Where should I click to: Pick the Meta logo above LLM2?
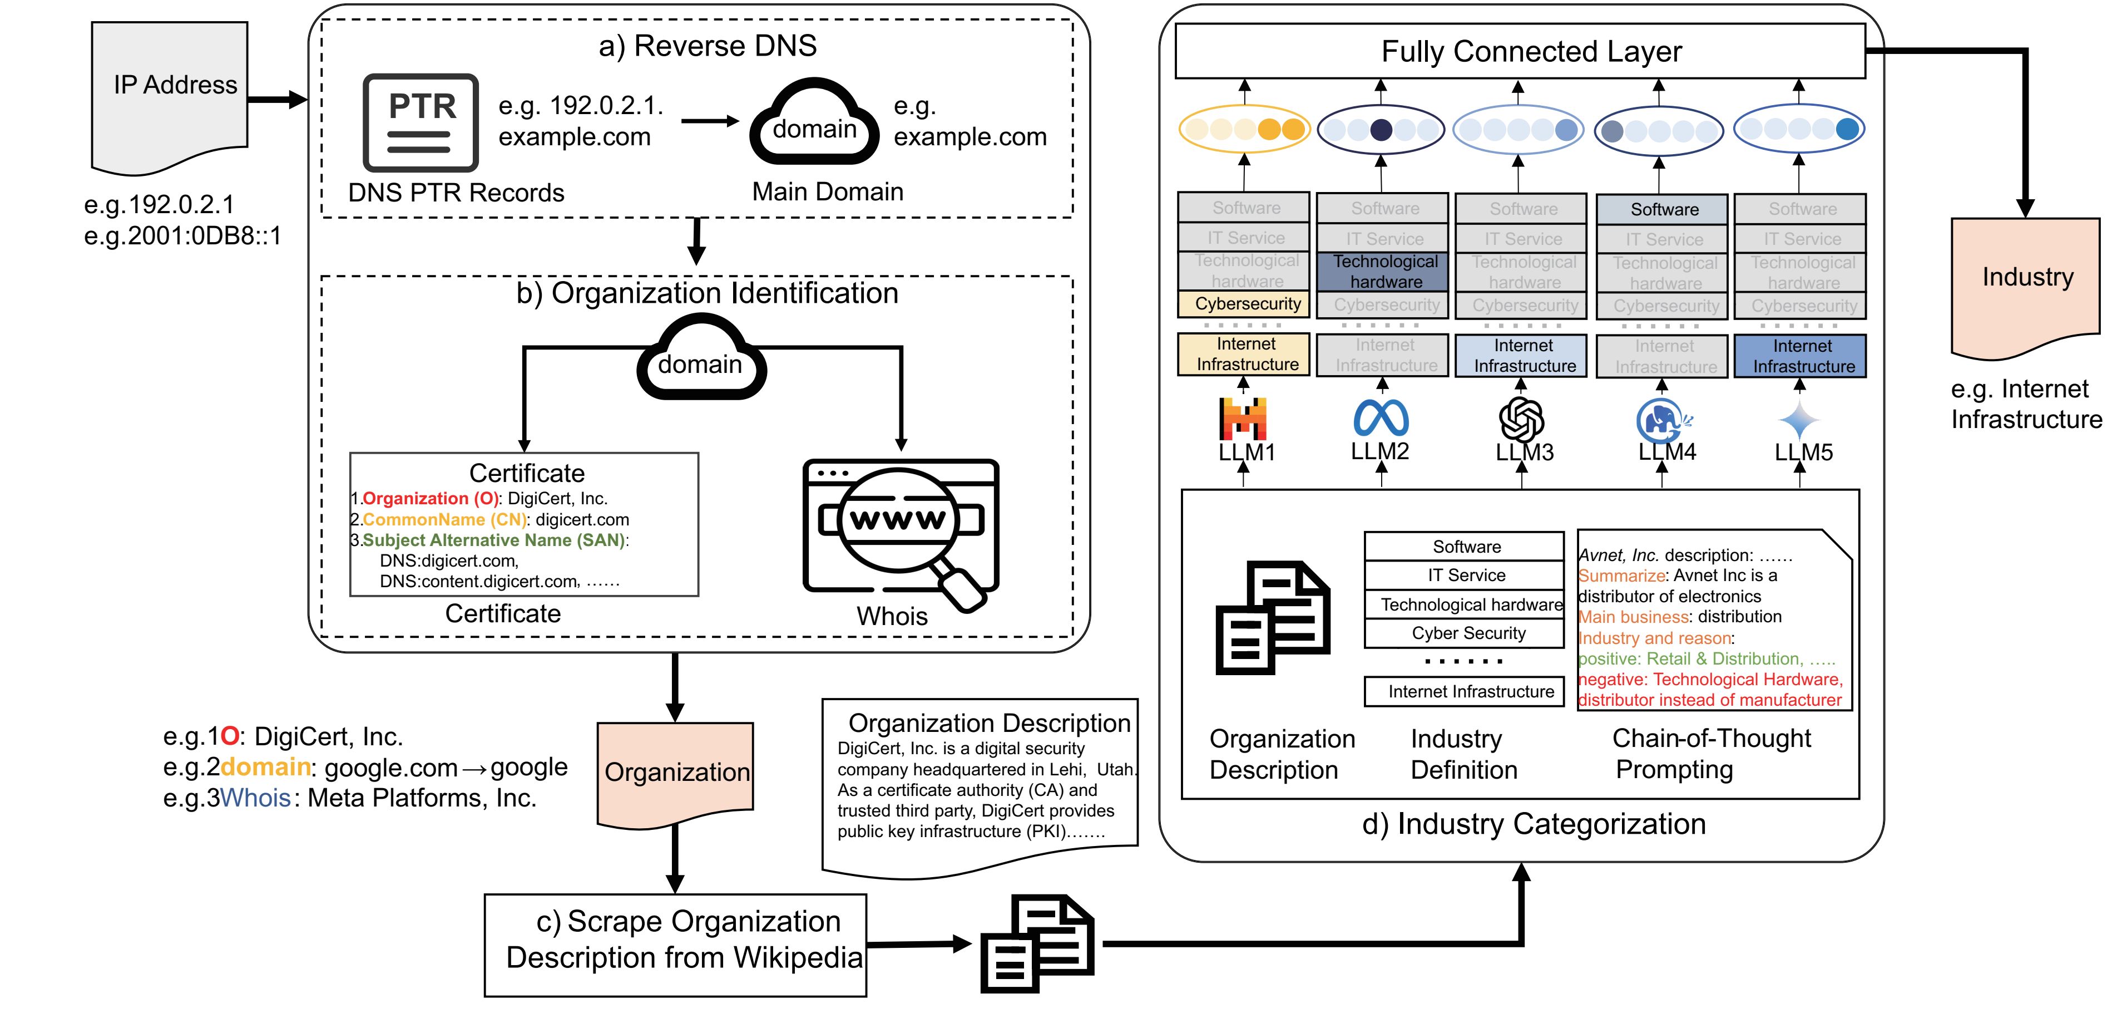[x=1381, y=417]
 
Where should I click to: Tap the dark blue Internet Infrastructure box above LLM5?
[x=1801, y=356]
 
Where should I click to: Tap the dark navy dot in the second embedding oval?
[x=1381, y=129]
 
